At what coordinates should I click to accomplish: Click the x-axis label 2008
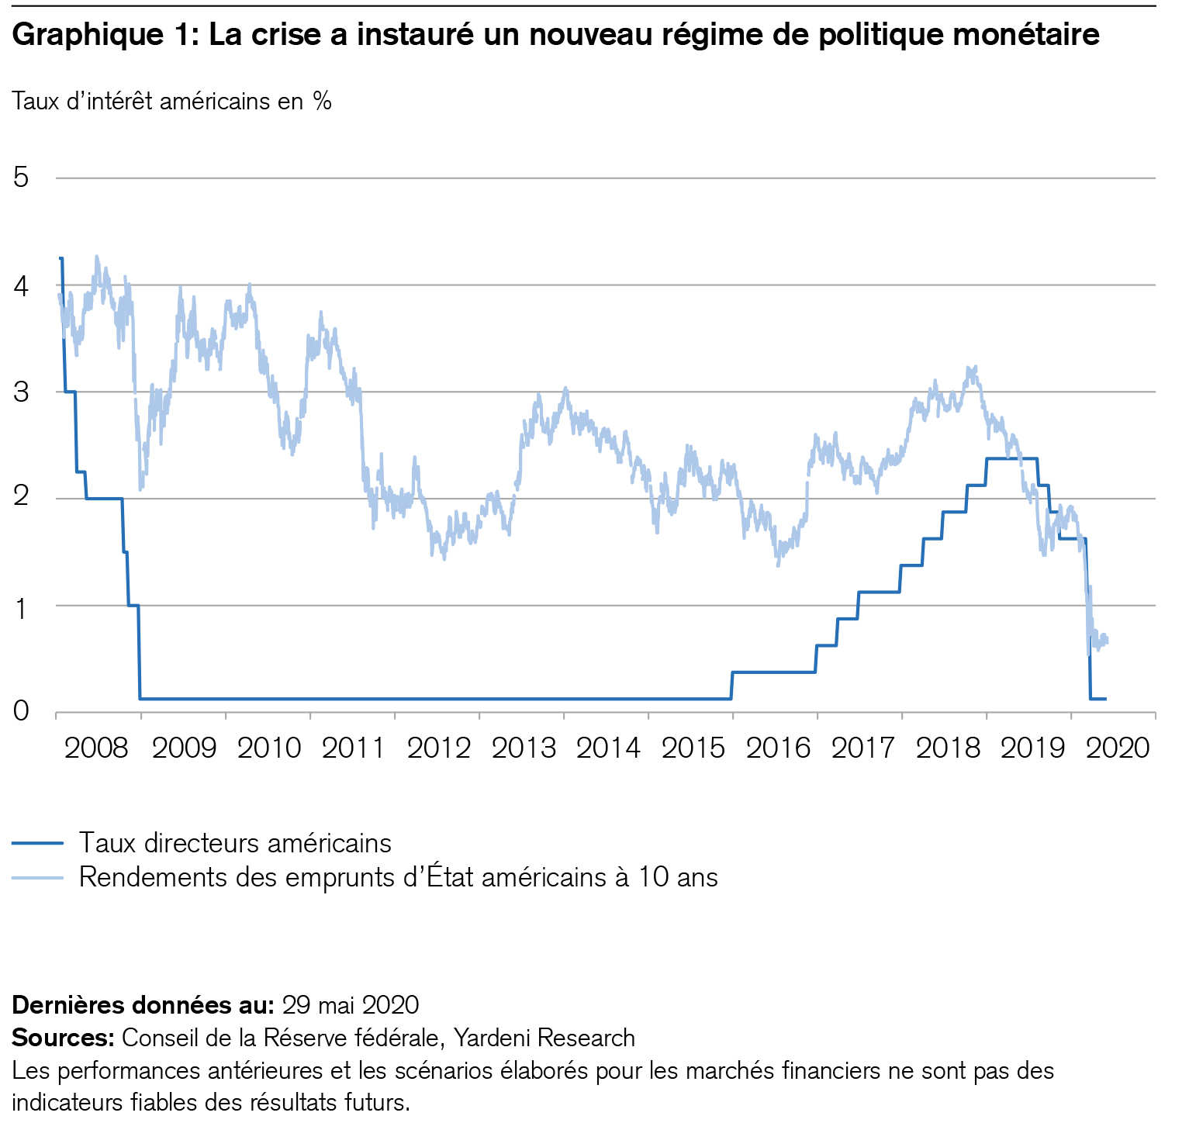(97, 748)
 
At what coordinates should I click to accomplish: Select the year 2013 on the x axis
(524, 748)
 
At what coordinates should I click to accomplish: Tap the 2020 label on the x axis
(1118, 748)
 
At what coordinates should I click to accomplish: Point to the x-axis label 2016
(779, 748)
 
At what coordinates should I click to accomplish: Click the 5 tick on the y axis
(21, 178)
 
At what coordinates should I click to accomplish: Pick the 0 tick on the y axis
(21, 710)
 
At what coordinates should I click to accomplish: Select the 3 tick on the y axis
(21, 392)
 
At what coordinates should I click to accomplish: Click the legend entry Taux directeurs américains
(235, 843)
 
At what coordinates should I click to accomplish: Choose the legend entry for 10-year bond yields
(398, 877)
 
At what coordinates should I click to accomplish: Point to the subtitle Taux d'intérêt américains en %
(172, 102)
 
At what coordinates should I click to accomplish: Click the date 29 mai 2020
(351, 1005)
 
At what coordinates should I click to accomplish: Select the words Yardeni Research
(544, 1038)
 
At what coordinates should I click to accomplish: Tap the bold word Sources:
(64, 1038)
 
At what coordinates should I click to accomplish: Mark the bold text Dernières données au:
(143, 1005)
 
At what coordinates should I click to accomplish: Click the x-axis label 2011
(353, 748)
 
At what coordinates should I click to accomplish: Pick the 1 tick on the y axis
(21, 605)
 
